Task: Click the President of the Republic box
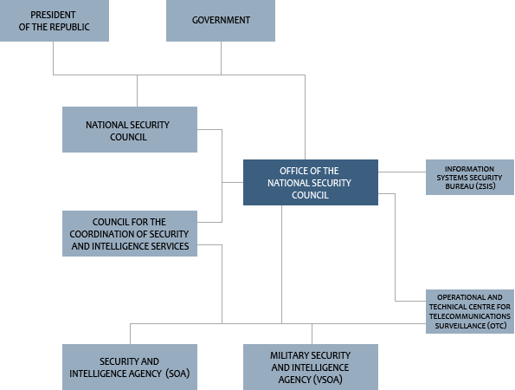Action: pyautogui.click(x=55, y=21)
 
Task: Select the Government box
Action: pyautogui.click(x=221, y=21)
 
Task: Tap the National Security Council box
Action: pyautogui.click(x=130, y=129)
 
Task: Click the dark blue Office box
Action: pyautogui.click(x=311, y=183)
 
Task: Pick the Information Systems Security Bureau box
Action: pyautogui.click(x=470, y=178)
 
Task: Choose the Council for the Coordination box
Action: pyautogui.click(x=130, y=233)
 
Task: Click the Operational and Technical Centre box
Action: pyautogui.click(x=470, y=311)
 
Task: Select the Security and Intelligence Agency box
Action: pyautogui.click(x=130, y=367)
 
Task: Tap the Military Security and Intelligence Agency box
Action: pyautogui.click(x=311, y=367)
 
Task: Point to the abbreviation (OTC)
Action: pyautogui.click(x=497, y=326)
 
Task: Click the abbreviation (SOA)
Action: pyautogui.click(x=177, y=374)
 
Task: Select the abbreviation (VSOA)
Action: pyautogui.click(x=327, y=380)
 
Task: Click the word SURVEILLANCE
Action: pyautogui.click(x=460, y=326)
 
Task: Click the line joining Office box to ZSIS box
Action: pyautogui.click(x=402, y=172)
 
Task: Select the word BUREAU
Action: pyautogui.click(x=459, y=186)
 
